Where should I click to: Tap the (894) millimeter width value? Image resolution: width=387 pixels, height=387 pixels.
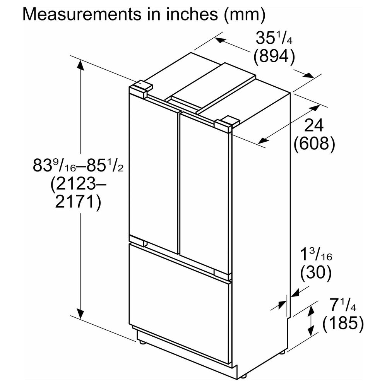(274, 56)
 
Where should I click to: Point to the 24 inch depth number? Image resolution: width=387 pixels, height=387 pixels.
(314, 125)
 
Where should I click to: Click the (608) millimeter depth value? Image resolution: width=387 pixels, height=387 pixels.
(314, 144)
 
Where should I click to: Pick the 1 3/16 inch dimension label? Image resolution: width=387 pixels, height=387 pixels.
(316, 255)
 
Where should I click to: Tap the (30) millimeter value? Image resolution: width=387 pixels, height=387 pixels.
(316, 273)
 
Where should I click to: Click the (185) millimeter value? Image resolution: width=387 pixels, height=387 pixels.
(343, 323)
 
